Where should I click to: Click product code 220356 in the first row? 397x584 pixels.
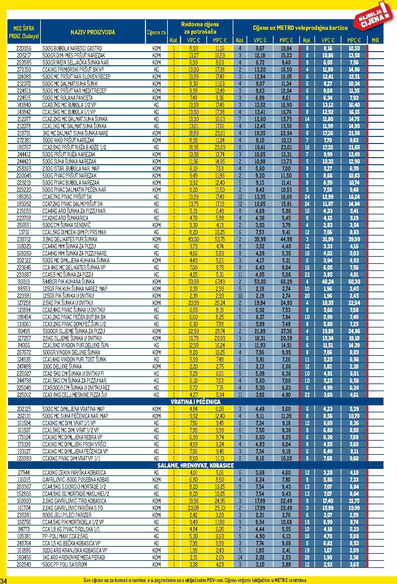click(24, 48)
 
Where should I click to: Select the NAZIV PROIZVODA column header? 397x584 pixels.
click(93, 32)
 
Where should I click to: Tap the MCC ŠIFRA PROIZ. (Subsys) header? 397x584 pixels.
click(24, 32)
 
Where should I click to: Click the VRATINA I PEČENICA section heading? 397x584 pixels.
click(195, 402)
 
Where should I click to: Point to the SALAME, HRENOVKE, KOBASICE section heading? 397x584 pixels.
click(195, 465)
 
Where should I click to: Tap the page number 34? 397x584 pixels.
click(4, 580)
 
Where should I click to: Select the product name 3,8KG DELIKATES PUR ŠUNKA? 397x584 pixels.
click(70, 239)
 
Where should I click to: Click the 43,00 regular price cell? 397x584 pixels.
click(194, 239)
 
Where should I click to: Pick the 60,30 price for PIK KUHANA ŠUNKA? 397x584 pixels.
click(354, 282)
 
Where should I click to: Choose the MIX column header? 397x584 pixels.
click(375, 40)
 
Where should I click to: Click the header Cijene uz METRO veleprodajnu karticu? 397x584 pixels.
click(300, 28)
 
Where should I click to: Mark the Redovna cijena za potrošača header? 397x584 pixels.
click(200, 28)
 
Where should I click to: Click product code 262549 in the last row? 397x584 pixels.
click(24, 564)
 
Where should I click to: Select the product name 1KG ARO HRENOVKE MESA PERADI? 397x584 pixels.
click(74, 557)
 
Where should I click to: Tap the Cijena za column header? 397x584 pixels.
click(156, 32)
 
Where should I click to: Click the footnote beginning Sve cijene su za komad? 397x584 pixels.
click(195, 580)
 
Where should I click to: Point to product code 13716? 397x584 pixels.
click(24, 232)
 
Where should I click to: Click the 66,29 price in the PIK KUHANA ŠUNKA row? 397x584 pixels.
click(286, 282)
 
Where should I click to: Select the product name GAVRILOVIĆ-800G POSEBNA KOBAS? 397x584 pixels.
click(76, 480)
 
